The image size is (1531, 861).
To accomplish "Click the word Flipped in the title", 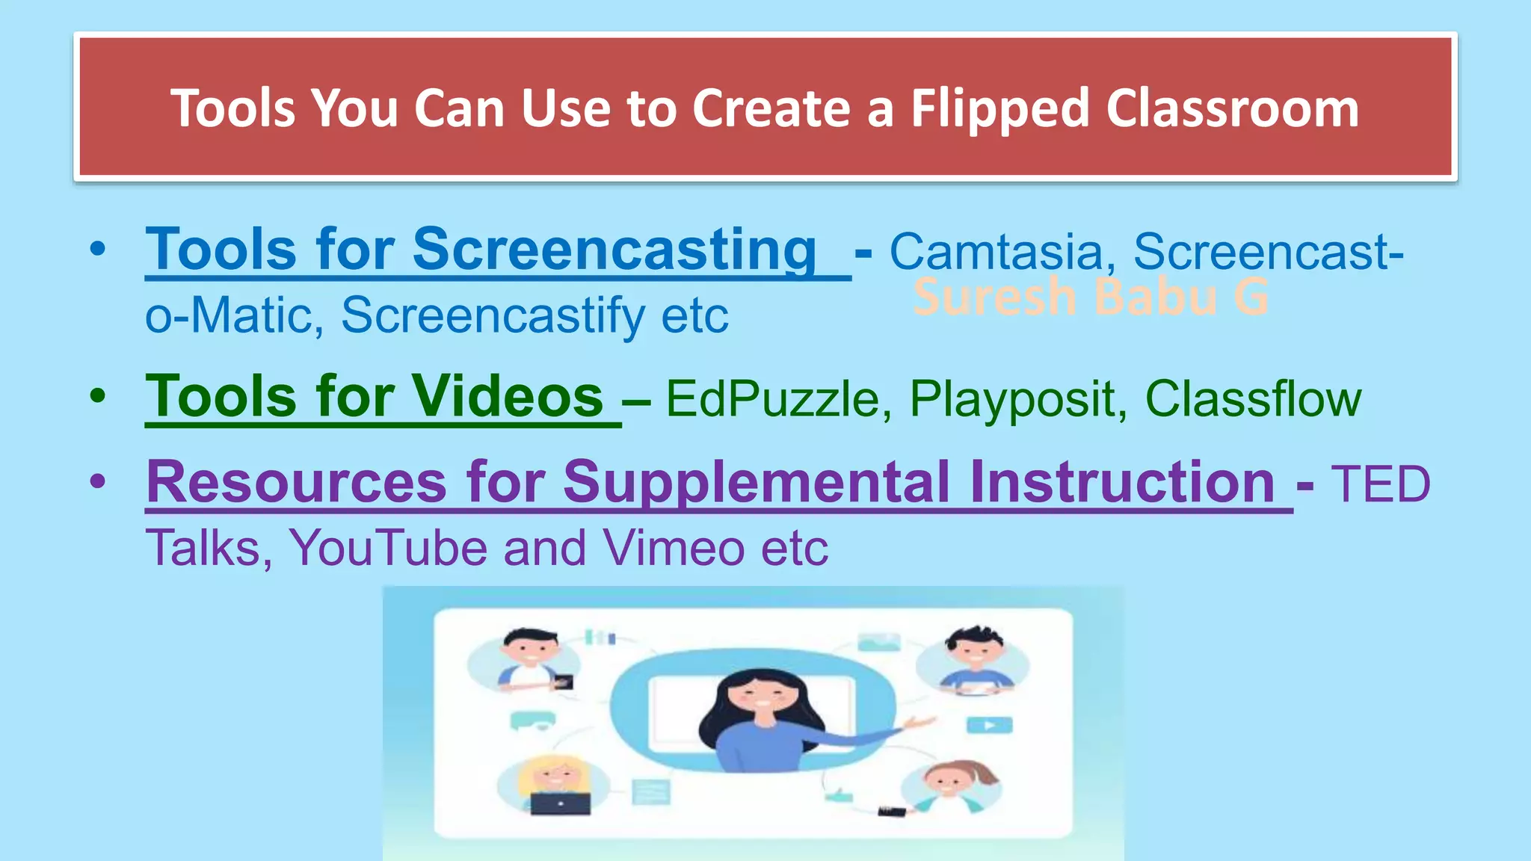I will pyautogui.click(x=999, y=109).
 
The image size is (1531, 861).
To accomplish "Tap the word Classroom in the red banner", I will pyautogui.click(x=1231, y=109).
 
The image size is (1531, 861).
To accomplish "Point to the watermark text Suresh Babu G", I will pyautogui.click(x=1091, y=297).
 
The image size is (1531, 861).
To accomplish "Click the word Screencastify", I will pyautogui.click(x=493, y=315).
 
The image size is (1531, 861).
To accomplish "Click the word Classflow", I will pyautogui.click(x=1253, y=398).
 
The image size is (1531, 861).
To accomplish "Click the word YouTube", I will pyautogui.click(x=389, y=548).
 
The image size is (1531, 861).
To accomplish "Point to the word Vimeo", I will pyautogui.click(x=674, y=548).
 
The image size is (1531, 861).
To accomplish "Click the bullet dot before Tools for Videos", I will pyautogui.click(x=98, y=396).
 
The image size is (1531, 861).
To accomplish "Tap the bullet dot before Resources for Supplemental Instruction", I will pyautogui.click(x=98, y=482).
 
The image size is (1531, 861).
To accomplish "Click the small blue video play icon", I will pyautogui.click(x=989, y=725).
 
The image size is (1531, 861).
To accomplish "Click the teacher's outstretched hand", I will pyautogui.click(x=918, y=722).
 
